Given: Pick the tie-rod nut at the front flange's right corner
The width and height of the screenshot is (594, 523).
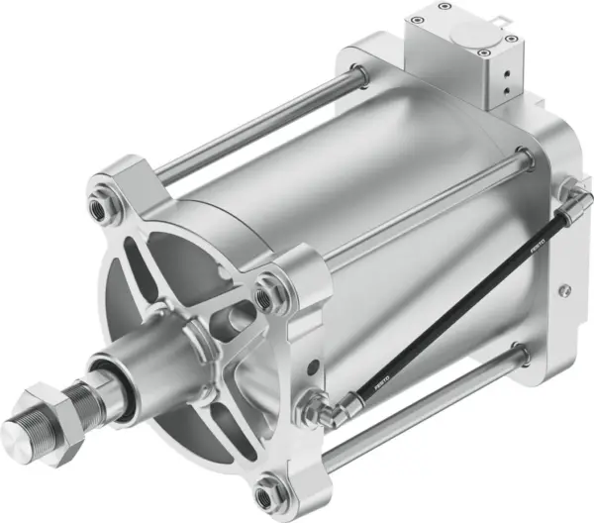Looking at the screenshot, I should (x=265, y=293).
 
